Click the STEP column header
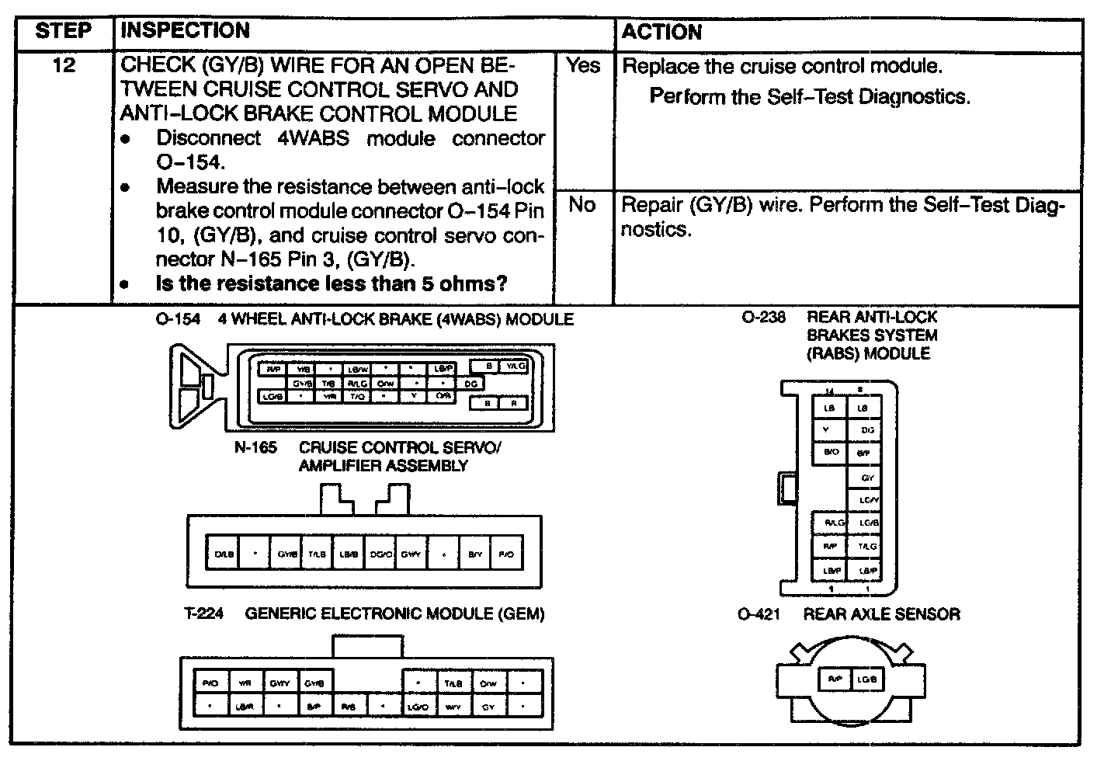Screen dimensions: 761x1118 tap(64, 32)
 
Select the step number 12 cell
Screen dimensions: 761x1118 tap(64, 66)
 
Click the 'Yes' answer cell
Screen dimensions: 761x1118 tap(583, 66)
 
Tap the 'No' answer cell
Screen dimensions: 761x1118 tap(582, 205)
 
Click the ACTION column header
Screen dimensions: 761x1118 tap(661, 32)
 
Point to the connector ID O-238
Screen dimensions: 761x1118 tap(763, 318)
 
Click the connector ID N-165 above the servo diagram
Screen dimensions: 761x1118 tap(255, 448)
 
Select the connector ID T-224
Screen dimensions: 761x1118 tap(203, 614)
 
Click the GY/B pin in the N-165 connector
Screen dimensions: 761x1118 tap(286, 554)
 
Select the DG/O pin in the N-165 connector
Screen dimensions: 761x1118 tap(380, 554)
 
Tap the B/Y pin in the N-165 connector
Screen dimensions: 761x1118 tap(474, 554)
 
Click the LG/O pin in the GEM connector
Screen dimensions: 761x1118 tap(418, 707)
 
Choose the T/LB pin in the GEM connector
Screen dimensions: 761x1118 tap(453, 683)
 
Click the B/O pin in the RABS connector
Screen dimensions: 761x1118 tap(830, 451)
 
